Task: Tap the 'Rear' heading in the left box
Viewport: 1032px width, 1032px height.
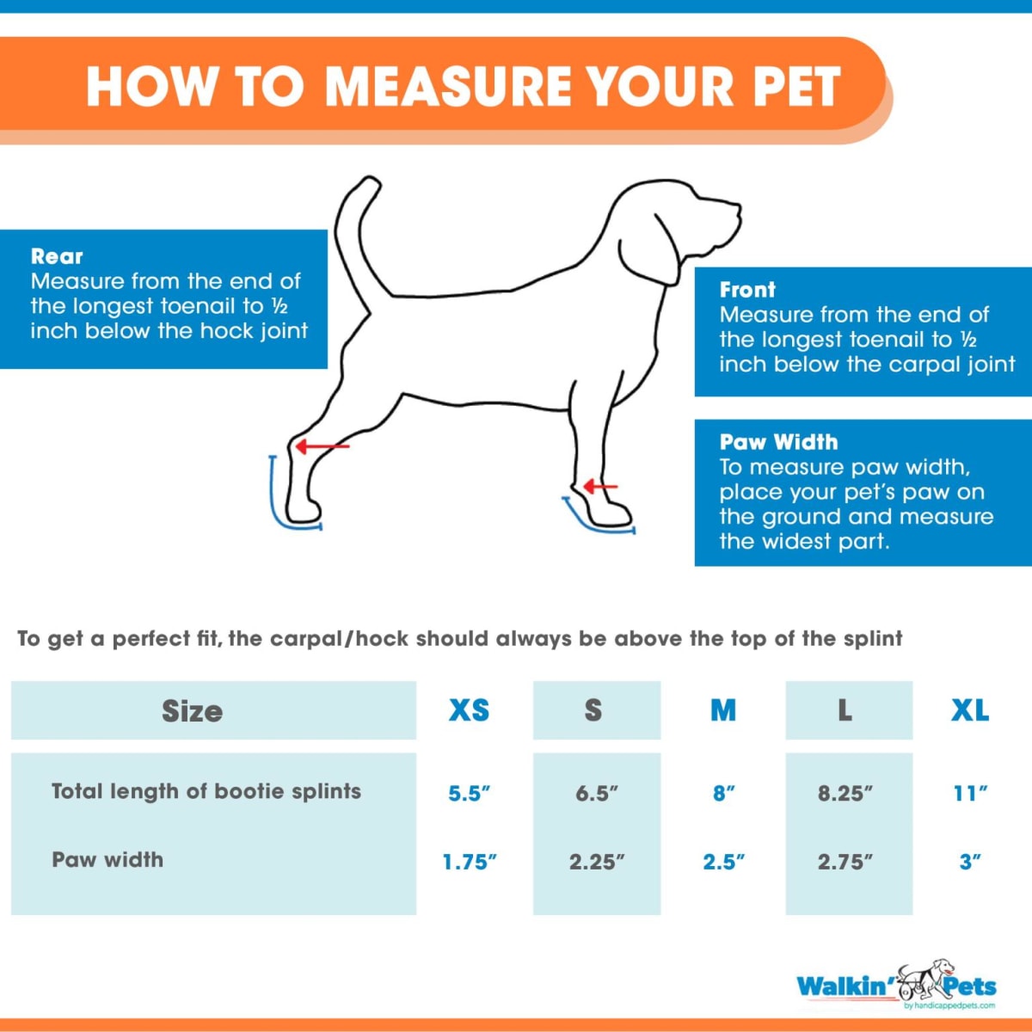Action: coord(57,256)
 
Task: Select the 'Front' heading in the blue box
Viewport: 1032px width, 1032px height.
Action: coord(747,290)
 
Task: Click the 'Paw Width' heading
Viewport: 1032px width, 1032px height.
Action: coord(778,442)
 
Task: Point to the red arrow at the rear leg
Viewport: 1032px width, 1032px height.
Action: coord(322,446)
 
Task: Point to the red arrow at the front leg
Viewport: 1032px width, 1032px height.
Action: coord(600,487)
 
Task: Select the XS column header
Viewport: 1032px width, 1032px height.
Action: coord(469,710)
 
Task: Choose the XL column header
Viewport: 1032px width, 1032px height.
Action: coord(969,710)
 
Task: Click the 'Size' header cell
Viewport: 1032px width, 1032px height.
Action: coord(192,711)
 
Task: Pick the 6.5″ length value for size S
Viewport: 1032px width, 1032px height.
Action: coord(596,793)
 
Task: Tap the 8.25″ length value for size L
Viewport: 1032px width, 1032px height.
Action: coord(845,793)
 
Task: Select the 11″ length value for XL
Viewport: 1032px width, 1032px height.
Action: coord(969,793)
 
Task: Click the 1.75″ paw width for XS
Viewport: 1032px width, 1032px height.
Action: coord(469,862)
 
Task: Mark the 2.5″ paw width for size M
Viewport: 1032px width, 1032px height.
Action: coord(723,862)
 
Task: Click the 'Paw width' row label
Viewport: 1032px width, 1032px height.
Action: coord(107,860)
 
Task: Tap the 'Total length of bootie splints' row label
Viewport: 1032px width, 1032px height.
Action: coord(206,791)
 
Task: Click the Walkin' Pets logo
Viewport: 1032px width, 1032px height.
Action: coord(896,986)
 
